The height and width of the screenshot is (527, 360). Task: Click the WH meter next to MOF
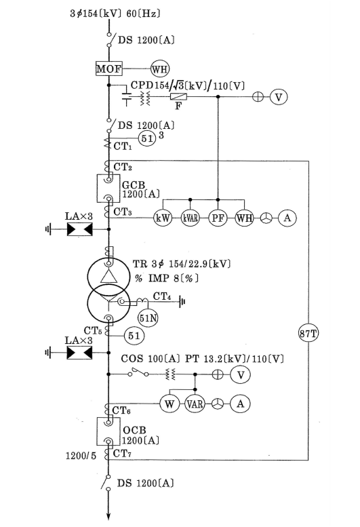click(x=160, y=69)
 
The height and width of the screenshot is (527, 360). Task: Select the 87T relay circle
click(x=308, y=334)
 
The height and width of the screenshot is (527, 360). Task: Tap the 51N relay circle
click(x=148, y=317)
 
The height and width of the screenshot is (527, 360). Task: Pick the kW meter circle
click(x=163, y=218)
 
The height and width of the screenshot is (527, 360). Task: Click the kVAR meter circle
click(x=191, y=218)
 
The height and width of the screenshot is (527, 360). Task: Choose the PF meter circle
click(x=218, y=218)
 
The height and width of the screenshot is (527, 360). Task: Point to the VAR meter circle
click(x=195, y=404)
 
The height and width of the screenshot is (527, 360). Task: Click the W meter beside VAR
click(x=169, y=404)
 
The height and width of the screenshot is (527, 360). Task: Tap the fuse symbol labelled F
click(x=179, y=97)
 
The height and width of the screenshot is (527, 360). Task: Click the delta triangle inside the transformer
click(x=108, y=276)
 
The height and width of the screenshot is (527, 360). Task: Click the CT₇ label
click(x=122, y=454)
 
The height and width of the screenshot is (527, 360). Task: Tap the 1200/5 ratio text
click(x=81, y=456)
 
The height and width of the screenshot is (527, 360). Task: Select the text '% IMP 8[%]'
click(x=167, y=278)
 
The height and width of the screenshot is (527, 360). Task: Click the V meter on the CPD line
click(x=279, y=97)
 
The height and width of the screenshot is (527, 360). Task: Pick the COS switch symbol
click(x=138, y=372)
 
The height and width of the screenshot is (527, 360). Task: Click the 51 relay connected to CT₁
click(x=147, y=138)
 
